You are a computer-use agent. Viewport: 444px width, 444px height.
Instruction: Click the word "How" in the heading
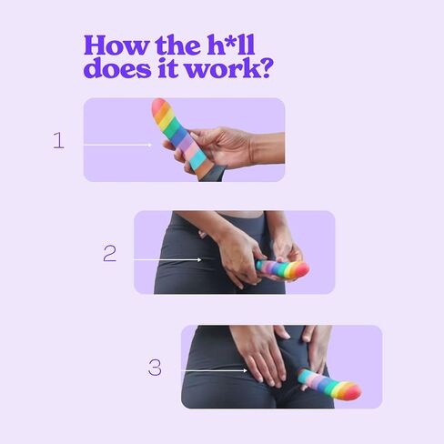[116, 45]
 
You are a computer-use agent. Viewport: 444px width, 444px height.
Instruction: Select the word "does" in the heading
[116, 67]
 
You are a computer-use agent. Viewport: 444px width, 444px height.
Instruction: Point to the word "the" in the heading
[177, 45]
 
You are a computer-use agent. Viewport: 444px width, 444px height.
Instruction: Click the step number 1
[58, 140]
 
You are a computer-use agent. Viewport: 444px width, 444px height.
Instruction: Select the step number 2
[109, 254]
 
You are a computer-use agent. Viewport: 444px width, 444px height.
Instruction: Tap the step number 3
[155, 368]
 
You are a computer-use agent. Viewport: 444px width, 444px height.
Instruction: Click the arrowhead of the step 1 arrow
[149, 145]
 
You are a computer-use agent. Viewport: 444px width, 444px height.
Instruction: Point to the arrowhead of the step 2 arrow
[199, 260]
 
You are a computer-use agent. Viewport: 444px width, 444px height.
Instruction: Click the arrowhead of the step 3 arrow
[245, 370]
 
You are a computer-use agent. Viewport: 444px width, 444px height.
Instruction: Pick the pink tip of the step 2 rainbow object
[301, 269]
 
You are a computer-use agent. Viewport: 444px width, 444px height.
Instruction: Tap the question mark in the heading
[265, 68]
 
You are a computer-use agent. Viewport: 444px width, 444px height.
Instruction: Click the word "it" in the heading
[168, 67]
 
